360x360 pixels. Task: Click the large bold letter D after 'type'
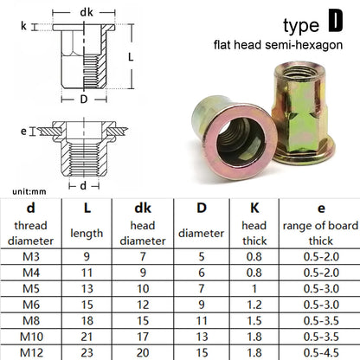pyautogui.click(x=336, y=21)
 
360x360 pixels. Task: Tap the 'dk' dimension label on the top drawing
pyautogui.click(x=87, y=12)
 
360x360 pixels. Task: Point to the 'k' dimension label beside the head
pyautogui.click(x=23, y=26)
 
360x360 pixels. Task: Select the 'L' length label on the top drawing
pyautogui.click(x=131, y=57)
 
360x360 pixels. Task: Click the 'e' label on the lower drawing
pyautogui.click(x=23, y=132)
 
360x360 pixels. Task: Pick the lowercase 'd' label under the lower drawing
pyautogui.click(x=83, y=185)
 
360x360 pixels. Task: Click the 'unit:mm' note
pyautogui.click(x=29, y=191)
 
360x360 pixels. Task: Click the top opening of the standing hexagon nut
pyautogui.click(x=297, y=71)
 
